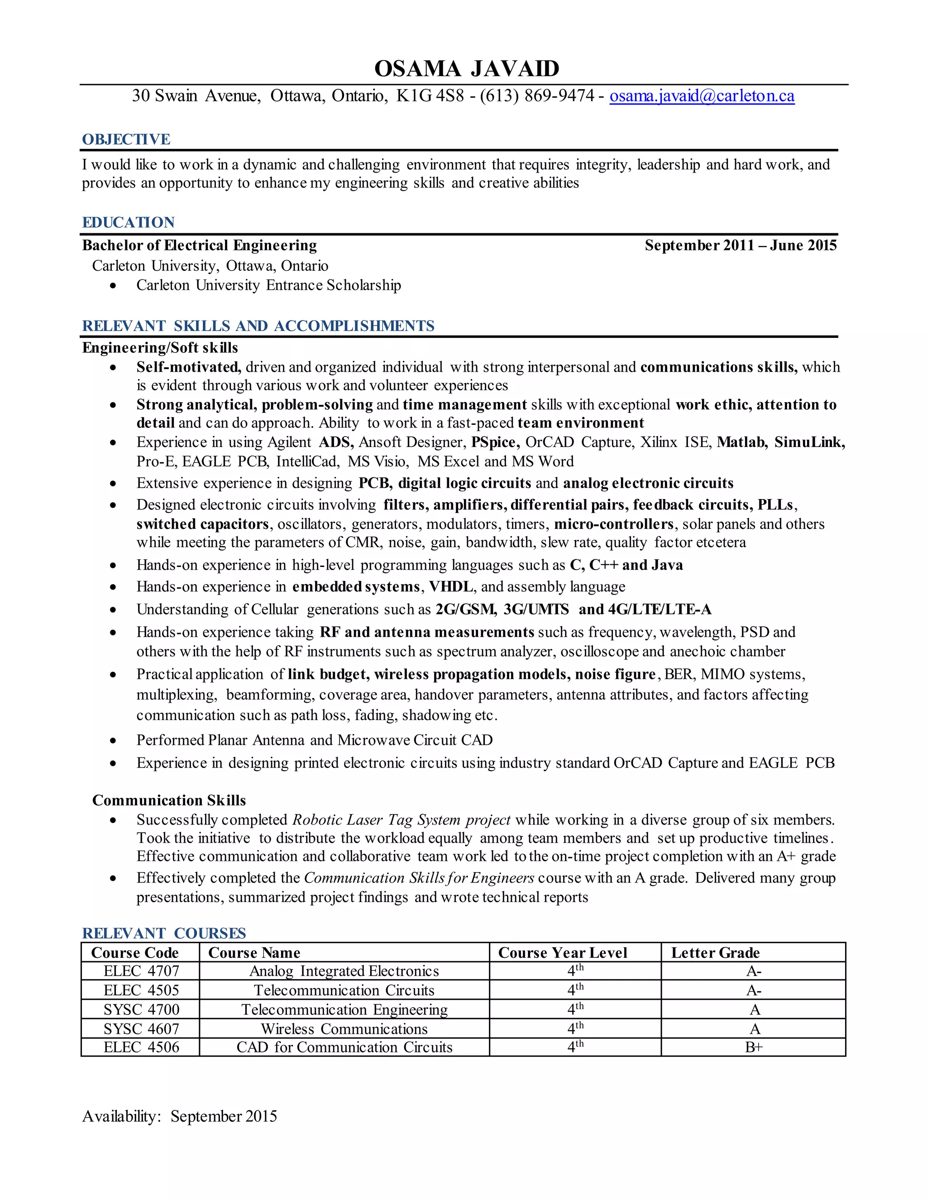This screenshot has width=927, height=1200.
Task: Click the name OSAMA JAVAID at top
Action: pyautogui.click(x=466, y=69)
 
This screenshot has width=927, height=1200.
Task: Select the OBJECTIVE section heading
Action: pyautogui.click(x=126, y=139)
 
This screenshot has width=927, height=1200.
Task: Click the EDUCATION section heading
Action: pyautogui.click(x=128, y=222)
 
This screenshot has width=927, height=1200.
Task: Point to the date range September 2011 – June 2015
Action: pyautogui.click(x=740, y=245)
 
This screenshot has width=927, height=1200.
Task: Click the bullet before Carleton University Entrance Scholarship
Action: pyautogui.click(x=113, y=286)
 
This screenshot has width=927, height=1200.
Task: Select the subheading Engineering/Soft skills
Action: pyautogui.click(x=160, y=348)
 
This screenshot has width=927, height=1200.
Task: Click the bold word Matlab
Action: pyautogui.click(x=742, y=442)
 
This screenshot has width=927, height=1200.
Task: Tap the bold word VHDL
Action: pyautogui.click(x=450, y=587)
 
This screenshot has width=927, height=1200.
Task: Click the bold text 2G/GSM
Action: pyautogui.click(x=466, y=610)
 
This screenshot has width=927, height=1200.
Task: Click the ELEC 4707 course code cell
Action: pyautogui.click(x=141, y=971)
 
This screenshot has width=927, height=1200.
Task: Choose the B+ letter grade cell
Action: pyautogui.click(x=754, y=1047)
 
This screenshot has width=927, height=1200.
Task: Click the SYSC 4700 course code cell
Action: pyautogui.click(x=141, y=1009)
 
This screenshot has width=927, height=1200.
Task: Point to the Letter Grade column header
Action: pyautogui.click(x=715, y=953)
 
